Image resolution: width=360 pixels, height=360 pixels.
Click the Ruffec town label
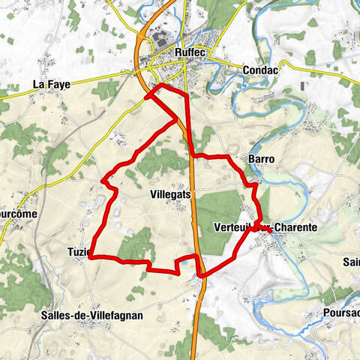189,52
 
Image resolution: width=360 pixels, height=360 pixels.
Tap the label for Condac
261,69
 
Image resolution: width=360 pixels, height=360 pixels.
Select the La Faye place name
51,85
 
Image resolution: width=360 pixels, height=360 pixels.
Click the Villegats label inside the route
170,193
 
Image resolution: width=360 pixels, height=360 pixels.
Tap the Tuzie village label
78,251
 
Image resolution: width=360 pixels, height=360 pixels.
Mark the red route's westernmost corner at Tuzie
91,258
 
